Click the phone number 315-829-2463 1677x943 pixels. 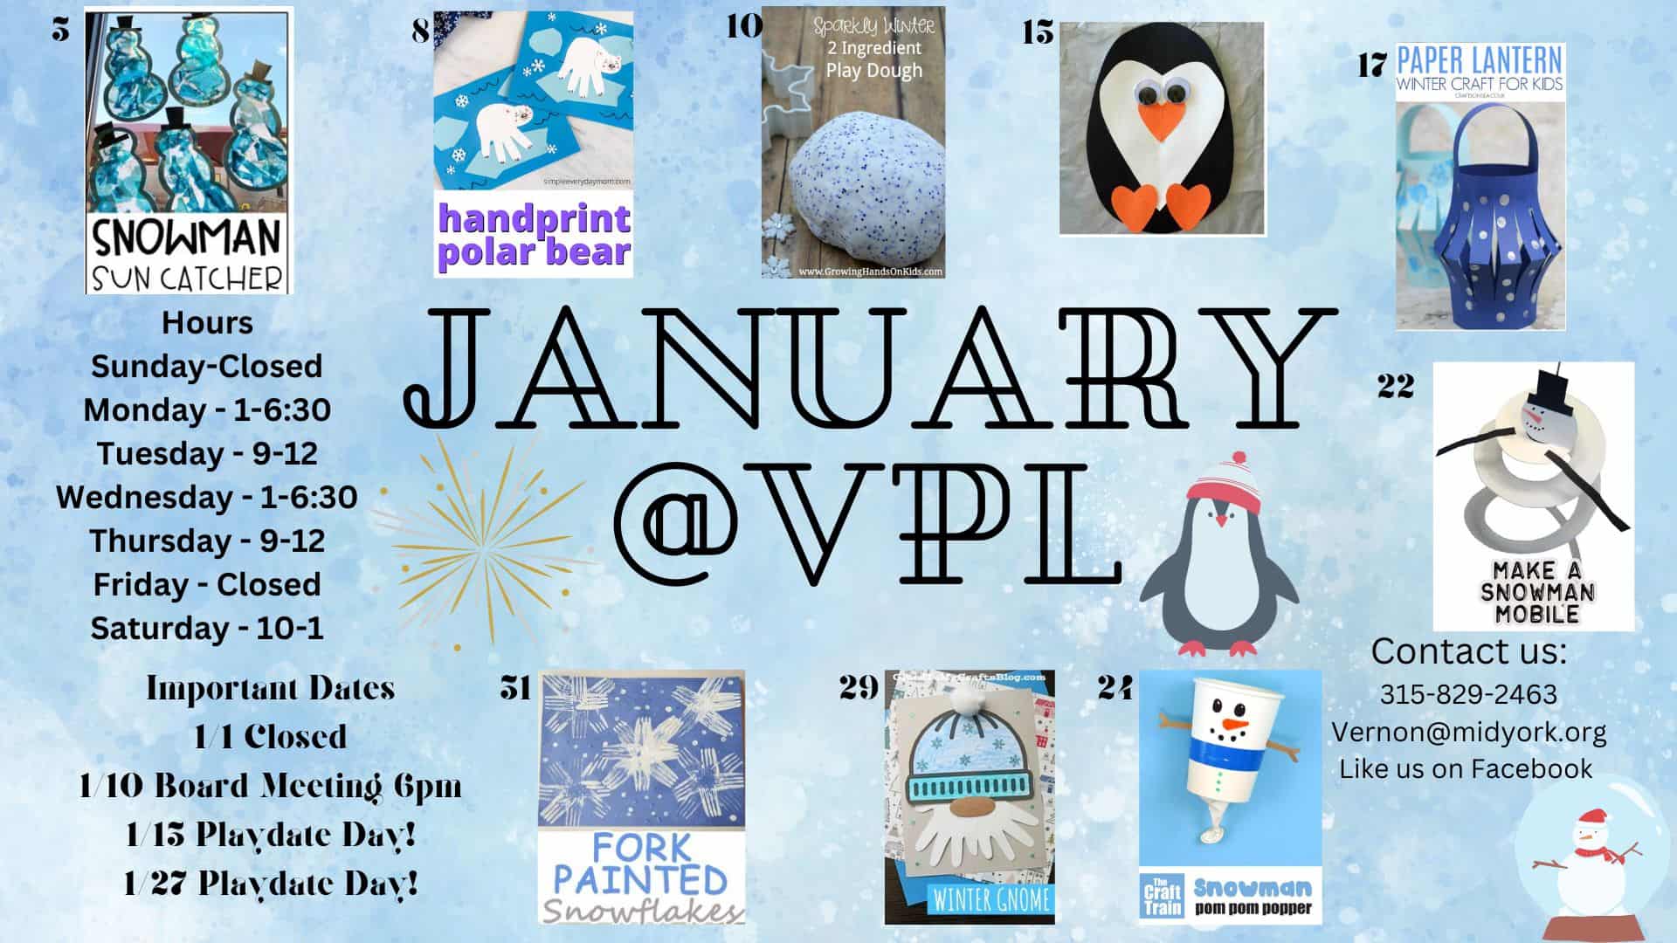point(1468,694)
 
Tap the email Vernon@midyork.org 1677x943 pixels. point(1468,732)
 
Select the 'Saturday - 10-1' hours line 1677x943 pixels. point(207,628)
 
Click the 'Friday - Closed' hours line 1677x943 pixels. point(207,584)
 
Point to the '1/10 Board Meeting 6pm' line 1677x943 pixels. point(270,786)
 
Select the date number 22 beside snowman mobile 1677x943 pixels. point(1395,385)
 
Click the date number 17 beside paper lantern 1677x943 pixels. point(1372,65)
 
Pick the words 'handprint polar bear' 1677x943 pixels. point(534,235)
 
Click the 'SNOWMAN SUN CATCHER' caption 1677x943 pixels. point(188,255)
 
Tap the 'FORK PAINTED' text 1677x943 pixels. point(641,864)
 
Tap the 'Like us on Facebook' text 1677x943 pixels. point(1466,768)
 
